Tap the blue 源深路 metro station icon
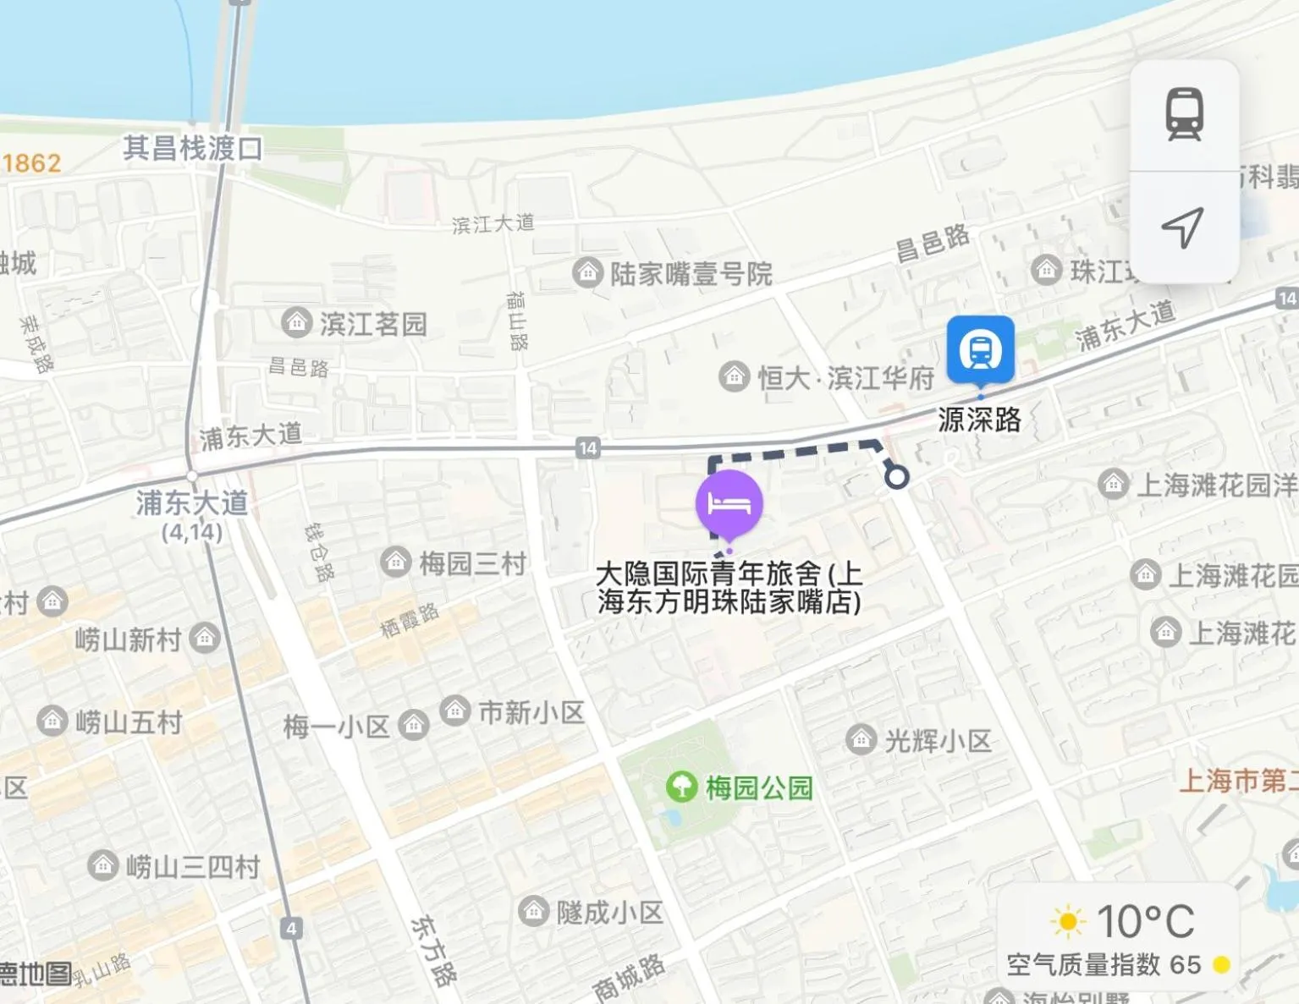pyautogui.click(x=980, y=349)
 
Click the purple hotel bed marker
pyautogui.click(x=729, y=504)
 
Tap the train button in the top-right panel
pyautogui.click(x=1184, y=114)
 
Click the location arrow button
pyautogui.click(x=1182, y=228)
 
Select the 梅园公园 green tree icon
pyautogui.click(x=681, y=787)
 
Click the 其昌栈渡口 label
pyautogui.click(x=193, y=149)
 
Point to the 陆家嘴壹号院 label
pyautogui.click(x=691, y=273)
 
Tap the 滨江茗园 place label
pyautogui.click(x=372, y=323)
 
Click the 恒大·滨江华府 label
pyautogui.click(x=845, y=377)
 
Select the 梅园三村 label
pyautogui.click(x=472, y=562)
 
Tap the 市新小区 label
pyautogui.click(x=531, y=712)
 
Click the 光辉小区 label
pyautogui.click(x=937, y=741)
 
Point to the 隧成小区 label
pyautogui.click(x=609, y=912)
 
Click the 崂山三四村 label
pyautogui.click(x=192, y=866)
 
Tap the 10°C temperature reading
pyautogui.click(x=1145, y=921)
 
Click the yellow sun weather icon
pyautogui.click(x=1067, y=921)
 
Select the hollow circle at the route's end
pyautogui.click(x=897, y=477)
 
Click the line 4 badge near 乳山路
pyautogui.click(x=291, y=928)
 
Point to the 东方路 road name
pyautogui.click(x=432, y=951)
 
